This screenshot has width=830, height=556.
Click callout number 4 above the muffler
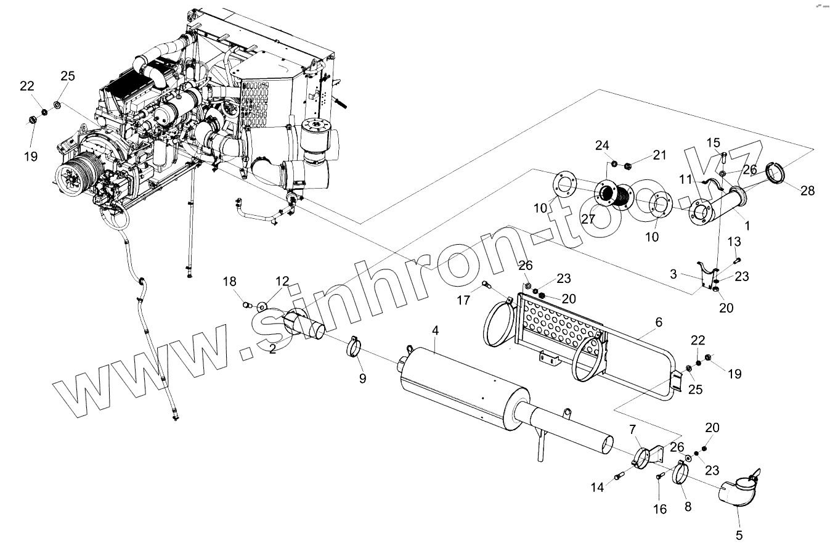(x=435, y=331)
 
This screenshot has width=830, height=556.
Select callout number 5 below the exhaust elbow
(x=739, y=535)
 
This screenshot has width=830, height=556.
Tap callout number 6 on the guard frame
(x=659, y=322)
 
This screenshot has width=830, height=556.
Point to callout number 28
(x=807, y=190)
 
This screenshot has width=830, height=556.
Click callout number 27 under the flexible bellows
(x=588, y=219)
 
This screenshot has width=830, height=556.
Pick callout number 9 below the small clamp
(x=362, y=378)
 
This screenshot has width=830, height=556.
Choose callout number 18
(x=229, y=282)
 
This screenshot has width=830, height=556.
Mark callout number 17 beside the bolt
(x=463, y=300)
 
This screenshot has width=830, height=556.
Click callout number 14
(x=597, y=487)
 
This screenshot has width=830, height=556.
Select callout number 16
(x=660, y=509)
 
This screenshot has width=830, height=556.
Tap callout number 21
(x=660, y=155)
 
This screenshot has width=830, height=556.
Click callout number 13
(x=735, y=240)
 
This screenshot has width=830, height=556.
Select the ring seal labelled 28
(x=776, y=172)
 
